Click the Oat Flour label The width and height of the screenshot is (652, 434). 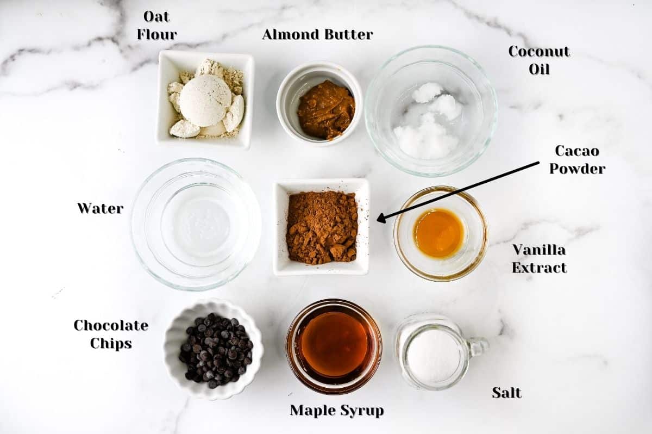pos(156,26)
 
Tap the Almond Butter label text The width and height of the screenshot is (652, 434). pos(317,34)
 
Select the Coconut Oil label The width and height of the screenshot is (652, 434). pos(539,60)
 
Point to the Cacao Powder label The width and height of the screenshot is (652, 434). pos(577,159)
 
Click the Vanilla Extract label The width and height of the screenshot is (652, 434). pos(539,258)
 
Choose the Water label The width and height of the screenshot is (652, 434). pos(100,208)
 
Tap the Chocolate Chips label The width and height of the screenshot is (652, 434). pos(111,334)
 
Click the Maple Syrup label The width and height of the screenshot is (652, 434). pos(336,411)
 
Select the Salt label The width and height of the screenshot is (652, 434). pos(506,392)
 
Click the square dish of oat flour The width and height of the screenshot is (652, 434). pos(205,100)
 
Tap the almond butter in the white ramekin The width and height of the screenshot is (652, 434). pos(325,109)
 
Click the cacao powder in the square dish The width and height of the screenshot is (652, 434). pos(322,227)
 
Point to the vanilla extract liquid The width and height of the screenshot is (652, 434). pos(438,233)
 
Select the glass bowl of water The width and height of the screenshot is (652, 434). pos(196,224)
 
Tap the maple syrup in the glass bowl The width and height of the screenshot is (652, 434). pos(334,344)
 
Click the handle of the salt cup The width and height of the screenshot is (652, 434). pos(478,346)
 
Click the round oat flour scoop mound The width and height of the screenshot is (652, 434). pos(205,100)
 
